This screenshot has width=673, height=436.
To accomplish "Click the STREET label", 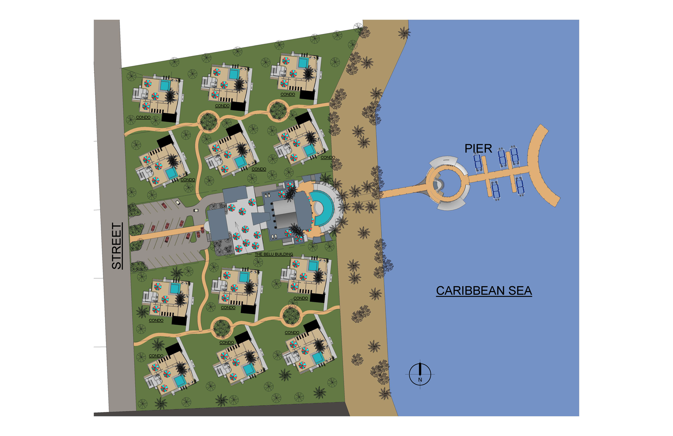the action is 117,246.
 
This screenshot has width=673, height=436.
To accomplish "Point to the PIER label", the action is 478,149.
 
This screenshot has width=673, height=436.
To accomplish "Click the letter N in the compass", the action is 420,380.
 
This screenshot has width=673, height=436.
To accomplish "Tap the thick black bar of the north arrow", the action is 420,369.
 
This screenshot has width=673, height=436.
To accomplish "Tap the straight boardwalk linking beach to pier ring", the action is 402,191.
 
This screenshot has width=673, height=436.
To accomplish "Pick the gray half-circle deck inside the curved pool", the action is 318,209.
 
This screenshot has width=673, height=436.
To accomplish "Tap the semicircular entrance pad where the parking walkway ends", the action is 206,227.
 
